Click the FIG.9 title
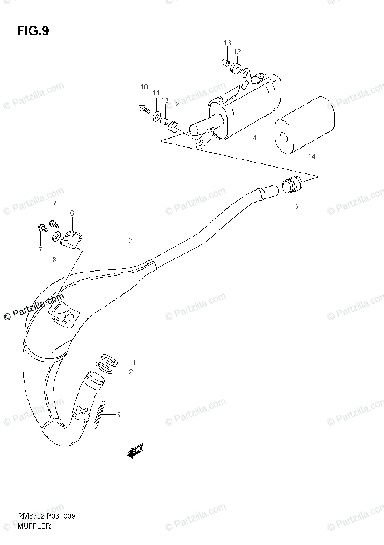[33, 31]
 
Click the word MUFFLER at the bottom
[34, 526]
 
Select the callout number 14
[311, 156]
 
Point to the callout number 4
[255, 137]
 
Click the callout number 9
[295, 207]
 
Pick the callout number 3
[130, 241]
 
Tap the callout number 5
[118, 414]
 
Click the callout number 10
[144, 87]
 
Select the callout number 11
[156, 93]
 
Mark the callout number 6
[71, 213]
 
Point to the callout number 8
[54, 260]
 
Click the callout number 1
[134, 362]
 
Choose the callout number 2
[131, 372]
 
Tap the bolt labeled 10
[144, 108]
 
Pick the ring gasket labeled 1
[109, 359]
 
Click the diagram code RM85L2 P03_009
[46, 517]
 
